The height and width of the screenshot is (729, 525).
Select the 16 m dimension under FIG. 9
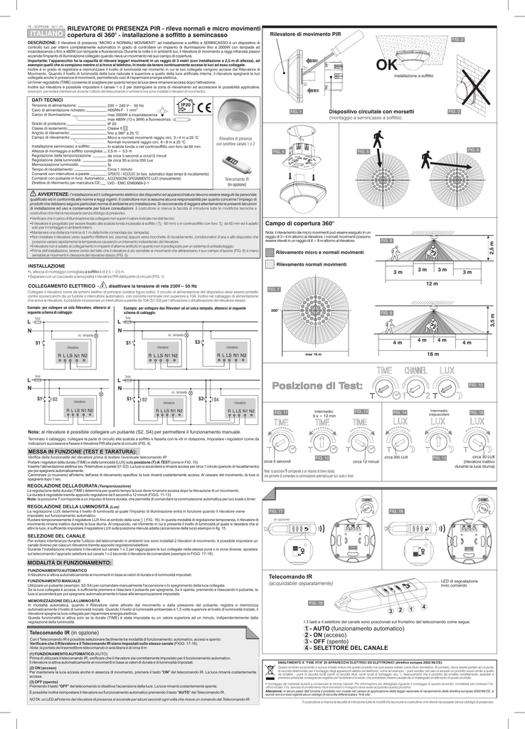tap(432, 353)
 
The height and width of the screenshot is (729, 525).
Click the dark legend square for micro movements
tap(269, 252)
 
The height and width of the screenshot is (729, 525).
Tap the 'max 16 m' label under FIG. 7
tap(313, 354)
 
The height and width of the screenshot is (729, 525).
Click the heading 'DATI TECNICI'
tap(48, 100)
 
